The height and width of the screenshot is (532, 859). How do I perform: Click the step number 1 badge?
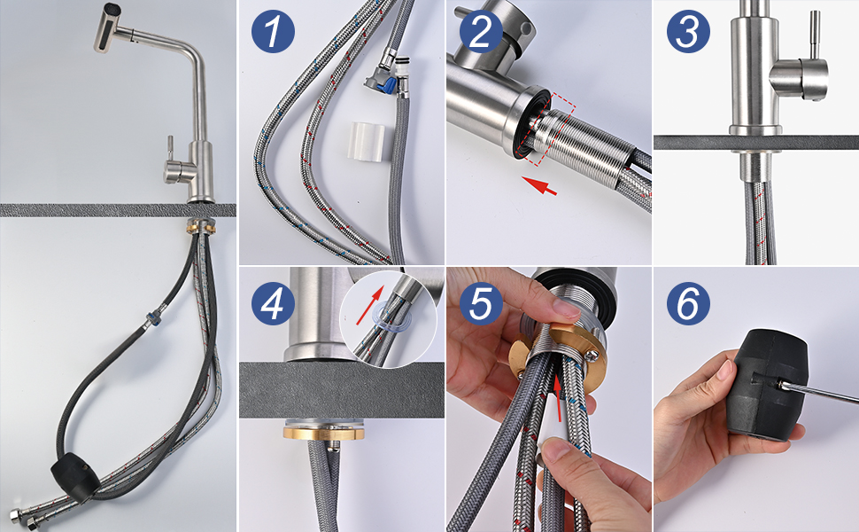tap(273, 31)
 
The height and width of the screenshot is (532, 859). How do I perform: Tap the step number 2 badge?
tap(481, 31)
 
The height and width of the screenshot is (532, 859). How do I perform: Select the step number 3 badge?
tap(688, 31)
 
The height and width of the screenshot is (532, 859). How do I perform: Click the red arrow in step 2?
tap(539, 185)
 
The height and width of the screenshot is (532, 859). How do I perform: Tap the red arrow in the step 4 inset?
tap(370, 306)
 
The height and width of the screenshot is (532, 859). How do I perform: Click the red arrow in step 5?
tap(558, 398)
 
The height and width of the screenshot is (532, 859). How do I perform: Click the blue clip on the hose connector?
tap(389, 84)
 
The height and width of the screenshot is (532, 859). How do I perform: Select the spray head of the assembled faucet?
tap(113, 28)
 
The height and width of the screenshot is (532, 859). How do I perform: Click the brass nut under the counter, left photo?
tap(202, 225)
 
